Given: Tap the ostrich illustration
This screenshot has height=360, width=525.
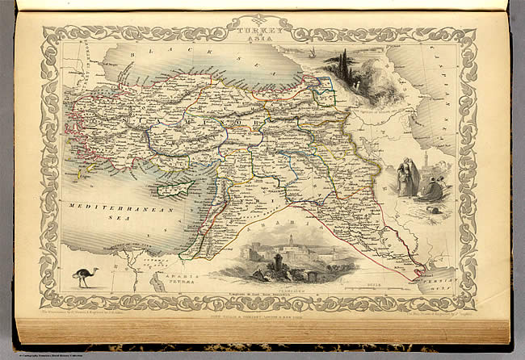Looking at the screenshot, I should [x=84, y=276].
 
